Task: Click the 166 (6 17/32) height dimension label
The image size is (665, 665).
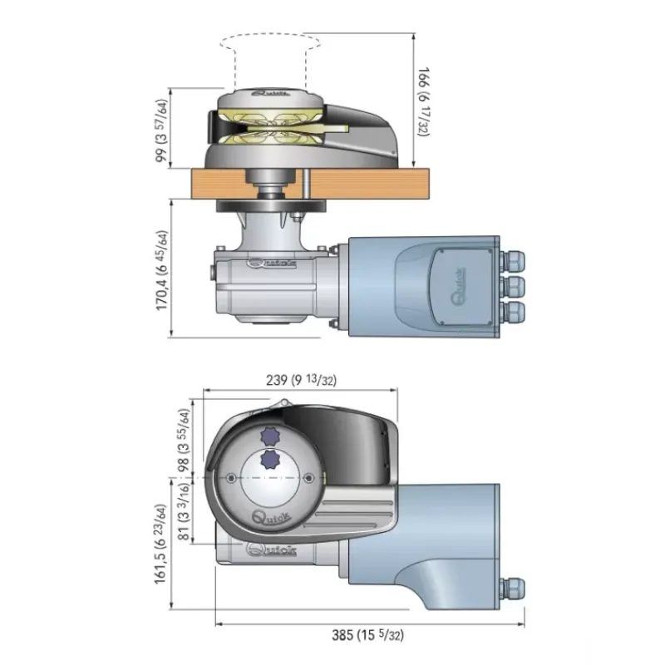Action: click(x=423, y=101)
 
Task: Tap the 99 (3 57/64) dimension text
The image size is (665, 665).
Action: click(x=161, y=131)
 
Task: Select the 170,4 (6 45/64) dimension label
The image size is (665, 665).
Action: click(x=162, y=270)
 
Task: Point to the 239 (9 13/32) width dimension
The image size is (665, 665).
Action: click(x=301, y=380)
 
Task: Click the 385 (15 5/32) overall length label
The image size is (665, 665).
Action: click(x=367, y=635)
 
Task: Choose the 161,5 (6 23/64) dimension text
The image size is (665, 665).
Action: click(x=160, y=544)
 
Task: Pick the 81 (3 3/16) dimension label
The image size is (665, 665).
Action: click(x=184, y=511)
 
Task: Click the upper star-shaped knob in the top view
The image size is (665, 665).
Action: click(x=269, y=436)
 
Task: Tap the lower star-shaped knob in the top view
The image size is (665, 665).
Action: click(x=269, y=460)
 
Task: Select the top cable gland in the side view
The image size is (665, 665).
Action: click(x=512, y=261)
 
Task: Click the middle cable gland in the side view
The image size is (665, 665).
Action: click(x=512, y=286)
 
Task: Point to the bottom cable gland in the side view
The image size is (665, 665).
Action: click(x=512, y=312)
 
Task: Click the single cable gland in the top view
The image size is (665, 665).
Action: click(x=512, y=589)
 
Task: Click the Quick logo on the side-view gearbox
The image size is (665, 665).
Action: click(x=272, y=264)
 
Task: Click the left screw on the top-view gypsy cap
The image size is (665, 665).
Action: click(x=231, y=479)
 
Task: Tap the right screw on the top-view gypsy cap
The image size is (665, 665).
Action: click(x=308, y=479)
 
